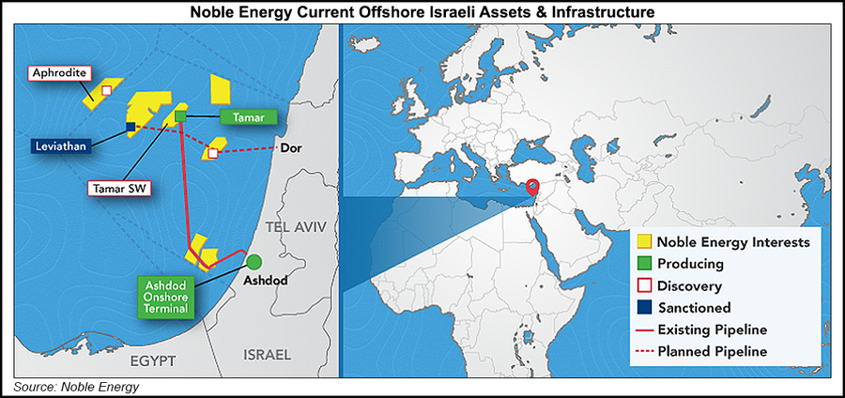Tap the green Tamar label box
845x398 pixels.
(x=248, y=116)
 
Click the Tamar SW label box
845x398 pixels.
(x=122, y=188)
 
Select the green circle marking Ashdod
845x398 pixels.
(x=254, y=260)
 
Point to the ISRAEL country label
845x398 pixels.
(x=269, y=354)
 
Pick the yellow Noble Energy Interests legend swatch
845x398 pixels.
(x=644, y=242)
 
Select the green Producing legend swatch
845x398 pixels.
(x=644, y=264)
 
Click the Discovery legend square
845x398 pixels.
(x=644, y=285)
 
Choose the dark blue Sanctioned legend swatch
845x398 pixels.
(x=644, y=307)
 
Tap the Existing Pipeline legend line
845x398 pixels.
(x=645, y=329)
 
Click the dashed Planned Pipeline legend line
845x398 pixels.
(x=645, y=351)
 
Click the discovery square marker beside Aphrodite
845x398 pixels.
(x=106, y=90)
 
